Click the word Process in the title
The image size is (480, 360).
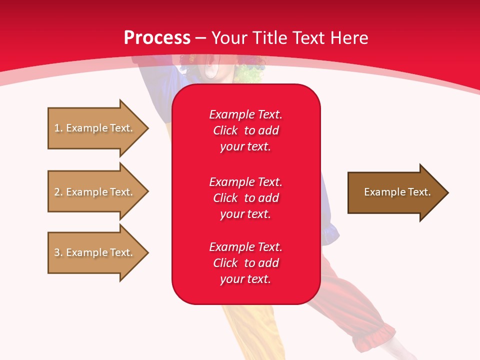pyautogui.click(x=157, y=38)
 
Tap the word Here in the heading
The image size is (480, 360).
pyautogui.click(x=348, y=38)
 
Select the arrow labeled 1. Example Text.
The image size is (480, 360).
pyautogui.click(x=95, y=128)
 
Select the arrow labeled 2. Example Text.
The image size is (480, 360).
pyautogui.click(x=95, y=192)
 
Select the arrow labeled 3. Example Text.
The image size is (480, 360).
pyautogui.click(x=95, y=252)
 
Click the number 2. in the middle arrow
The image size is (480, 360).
pyautogui.click(x=58, y=192)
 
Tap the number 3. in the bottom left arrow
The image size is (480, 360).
pyautogui.click(x=58, y=252)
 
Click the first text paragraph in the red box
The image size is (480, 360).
pyautogui.click(x=245, y=130)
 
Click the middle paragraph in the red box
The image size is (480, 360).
pyautogui.click(x=245, y=198)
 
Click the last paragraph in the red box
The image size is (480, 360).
pyautogui.click(x=245, y=263)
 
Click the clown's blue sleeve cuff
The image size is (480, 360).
pyautogui.click(x=330, y=232)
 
